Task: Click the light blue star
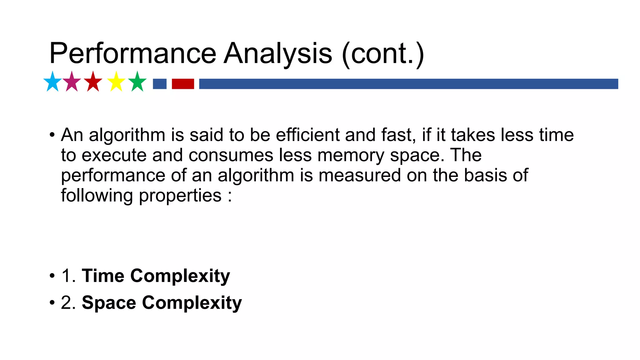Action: click(52, 82)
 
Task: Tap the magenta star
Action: click(72, 82)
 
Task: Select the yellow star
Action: click(116, 82)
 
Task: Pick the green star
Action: click(137, 82)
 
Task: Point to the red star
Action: click(93, 82)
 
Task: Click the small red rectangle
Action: click(183, 84)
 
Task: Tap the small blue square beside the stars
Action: click(160, 84)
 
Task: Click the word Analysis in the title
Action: click(278, 53)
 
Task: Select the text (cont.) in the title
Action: click(383, 53)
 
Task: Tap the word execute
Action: click(114, 155)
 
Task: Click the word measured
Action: click(359, 175)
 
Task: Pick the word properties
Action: click(180, 196)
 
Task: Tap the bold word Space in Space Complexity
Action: click(109, 303)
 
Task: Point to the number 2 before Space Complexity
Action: click(66, 303)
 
